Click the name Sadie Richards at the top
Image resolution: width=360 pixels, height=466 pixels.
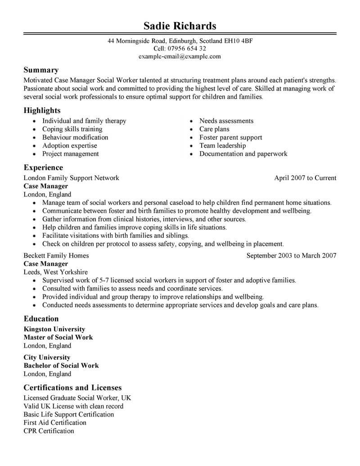(x=180, y=25)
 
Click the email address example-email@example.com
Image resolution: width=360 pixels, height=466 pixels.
(x=180, y=56)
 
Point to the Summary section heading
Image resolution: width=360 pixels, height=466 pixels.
(x=41, y=70)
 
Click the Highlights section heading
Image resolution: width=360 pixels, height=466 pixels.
(x=42, y=110)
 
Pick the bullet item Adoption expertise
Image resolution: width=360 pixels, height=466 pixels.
(x=69, y=145)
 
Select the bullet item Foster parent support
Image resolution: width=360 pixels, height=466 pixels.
(x=230, y=137)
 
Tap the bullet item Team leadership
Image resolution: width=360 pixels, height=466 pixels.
(x=222, y=145)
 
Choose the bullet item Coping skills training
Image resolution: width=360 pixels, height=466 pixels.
(x=72, y=129)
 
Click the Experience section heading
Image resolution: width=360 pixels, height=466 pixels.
(x=43, y=167)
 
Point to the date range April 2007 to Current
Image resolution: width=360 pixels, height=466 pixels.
(x=305, y=178)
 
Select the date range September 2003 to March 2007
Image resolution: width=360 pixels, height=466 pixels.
(x=291, y=256)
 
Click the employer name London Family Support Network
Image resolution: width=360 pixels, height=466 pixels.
(x=71, y=178)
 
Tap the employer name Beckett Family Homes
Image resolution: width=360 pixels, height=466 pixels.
(x=56, y=256)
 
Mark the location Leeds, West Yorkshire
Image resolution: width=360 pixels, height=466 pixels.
(x=55, y=272)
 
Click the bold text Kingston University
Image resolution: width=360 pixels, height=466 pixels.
(x=54, y=329)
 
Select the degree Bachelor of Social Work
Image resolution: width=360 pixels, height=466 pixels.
(x=61, y=366)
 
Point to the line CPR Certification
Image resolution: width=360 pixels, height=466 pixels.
(x=49, y=431)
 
